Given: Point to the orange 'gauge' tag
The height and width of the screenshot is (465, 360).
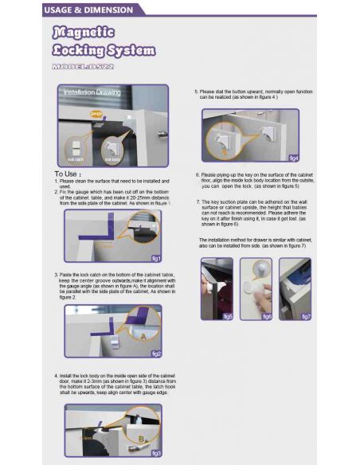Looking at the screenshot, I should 96,114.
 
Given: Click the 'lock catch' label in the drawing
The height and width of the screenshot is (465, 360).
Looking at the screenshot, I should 76,160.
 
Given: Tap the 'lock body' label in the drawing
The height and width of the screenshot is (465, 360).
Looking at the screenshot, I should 112,160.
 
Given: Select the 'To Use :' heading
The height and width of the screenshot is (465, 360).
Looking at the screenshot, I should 68,174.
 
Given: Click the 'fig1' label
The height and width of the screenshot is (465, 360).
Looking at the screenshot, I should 156,258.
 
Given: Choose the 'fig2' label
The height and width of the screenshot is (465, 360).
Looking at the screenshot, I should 156,354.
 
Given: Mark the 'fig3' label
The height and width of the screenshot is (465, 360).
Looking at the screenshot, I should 156,452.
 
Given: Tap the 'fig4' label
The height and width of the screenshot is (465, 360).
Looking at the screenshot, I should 293,158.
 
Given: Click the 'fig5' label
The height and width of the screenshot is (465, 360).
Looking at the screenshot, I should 227,316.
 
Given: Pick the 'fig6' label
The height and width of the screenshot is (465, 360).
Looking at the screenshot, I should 266,316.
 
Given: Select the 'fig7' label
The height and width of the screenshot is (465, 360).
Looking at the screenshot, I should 306,316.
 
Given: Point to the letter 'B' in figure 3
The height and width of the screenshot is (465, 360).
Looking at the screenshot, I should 141,438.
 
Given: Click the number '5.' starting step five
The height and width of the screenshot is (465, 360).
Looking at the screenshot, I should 197,92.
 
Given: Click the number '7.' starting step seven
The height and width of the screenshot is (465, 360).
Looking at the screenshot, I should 197,202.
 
